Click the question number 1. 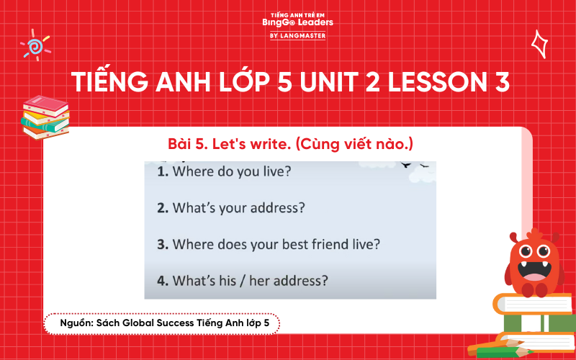point(162,172)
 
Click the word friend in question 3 point(330,244)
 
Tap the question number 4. point(162,279)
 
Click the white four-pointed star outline point(538,43)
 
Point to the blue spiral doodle point(34,47)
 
